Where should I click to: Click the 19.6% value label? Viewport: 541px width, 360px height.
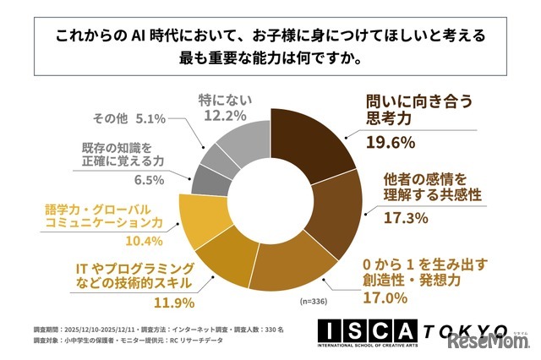(x=390, y=142)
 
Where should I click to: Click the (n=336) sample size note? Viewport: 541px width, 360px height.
(x=309, y=301)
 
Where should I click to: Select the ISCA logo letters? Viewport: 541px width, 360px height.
(x=373, y=330)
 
